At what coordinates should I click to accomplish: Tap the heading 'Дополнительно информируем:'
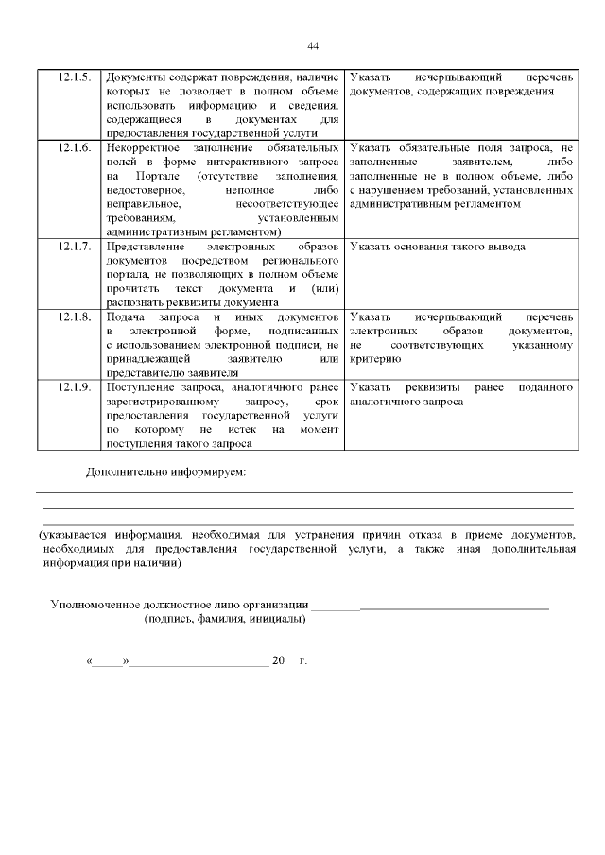165,470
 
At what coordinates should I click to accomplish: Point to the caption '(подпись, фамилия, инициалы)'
224,620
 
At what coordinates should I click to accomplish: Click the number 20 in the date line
278,660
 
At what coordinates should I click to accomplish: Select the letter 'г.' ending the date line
302,660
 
